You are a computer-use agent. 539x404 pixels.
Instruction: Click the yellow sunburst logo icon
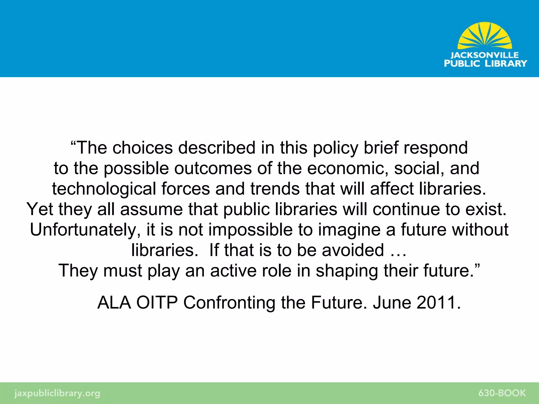coord(485,36)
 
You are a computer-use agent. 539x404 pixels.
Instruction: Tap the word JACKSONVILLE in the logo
coord(485,55)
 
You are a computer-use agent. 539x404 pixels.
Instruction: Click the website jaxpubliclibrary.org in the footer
coord(57,393)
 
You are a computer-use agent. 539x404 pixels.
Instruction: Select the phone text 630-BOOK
coord(502,393)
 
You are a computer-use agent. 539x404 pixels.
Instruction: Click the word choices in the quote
coord(143,148)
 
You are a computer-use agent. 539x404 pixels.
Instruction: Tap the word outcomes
coord(213,168)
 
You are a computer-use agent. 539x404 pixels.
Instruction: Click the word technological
coord(104,189)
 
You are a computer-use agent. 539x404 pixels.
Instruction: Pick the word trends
coord(275,189)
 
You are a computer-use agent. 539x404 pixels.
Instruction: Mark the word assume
coord(151,209)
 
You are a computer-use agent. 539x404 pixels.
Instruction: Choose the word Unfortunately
coord(85,230)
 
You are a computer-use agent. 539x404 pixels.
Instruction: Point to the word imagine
coord(349,230)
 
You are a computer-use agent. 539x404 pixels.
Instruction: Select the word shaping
coord(347,271)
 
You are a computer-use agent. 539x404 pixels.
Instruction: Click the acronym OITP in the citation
coord(157,302)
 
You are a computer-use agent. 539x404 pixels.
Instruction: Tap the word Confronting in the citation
coord(229,302)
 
